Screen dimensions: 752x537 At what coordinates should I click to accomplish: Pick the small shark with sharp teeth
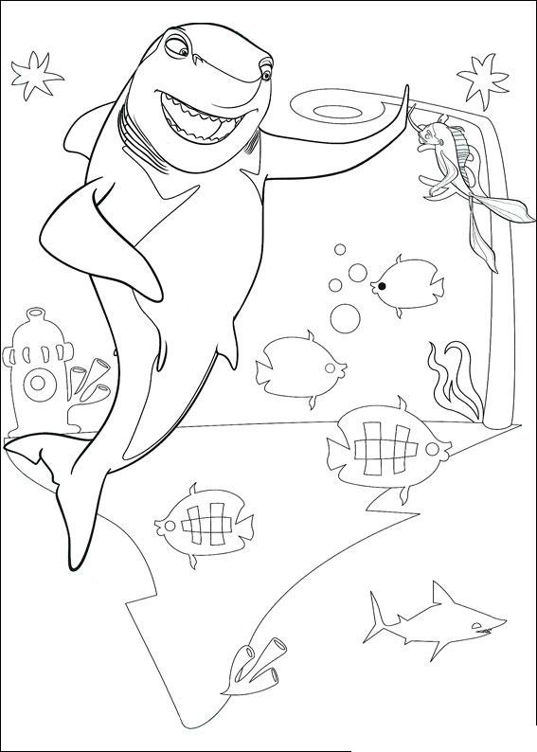pos(436,620)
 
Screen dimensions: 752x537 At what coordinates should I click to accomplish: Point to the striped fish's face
pos(425,138)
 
